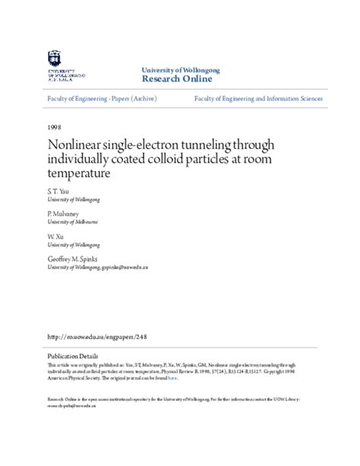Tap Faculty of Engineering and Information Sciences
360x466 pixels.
[x=258, y=99]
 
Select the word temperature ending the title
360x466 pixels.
[x=80, y=173]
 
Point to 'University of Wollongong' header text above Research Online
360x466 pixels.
[x=181, y=70]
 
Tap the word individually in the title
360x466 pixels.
[x=80, y=160]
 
